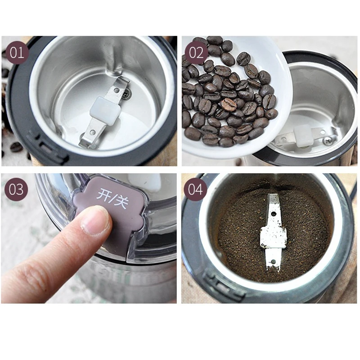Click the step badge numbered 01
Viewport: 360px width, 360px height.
click(17, 53)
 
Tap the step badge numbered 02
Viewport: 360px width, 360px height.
click(196, 53)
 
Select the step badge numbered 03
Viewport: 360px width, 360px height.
click(16, 189)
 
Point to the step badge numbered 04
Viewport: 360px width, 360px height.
click(195, 189)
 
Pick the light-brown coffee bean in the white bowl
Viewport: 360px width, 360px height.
click(229, 104)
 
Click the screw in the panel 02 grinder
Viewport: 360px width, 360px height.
click(327, 140)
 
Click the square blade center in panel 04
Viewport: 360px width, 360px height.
click(273, 237)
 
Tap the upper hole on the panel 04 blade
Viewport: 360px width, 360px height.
click(274, 214)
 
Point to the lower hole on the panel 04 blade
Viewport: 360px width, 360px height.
click(273, 261)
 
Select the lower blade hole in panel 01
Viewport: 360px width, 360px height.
click(93, 132)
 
